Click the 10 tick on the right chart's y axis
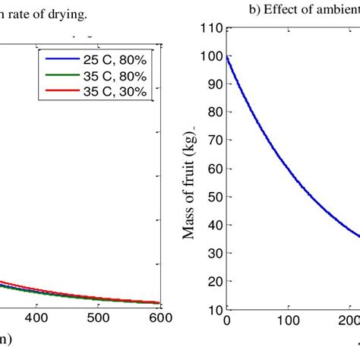213,310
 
